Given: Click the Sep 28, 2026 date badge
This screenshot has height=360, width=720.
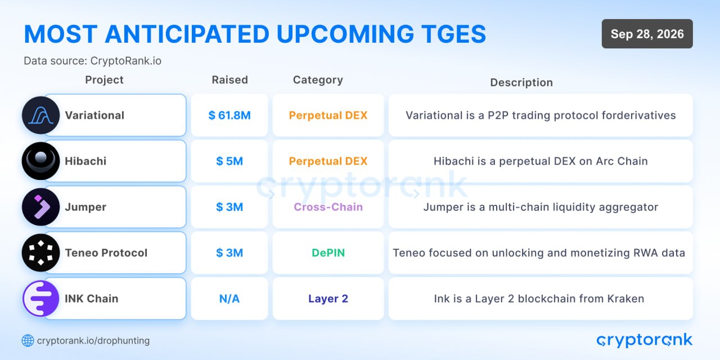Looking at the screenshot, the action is [x=647, y=34].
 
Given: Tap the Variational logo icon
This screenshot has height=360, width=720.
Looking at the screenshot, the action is [x=41, y=115].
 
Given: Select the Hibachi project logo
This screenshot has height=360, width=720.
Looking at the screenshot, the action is [x=41, y=161].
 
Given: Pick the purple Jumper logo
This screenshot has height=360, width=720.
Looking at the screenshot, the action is [x=41, y=207].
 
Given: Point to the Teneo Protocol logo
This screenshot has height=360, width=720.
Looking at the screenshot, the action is [x=41, y=253].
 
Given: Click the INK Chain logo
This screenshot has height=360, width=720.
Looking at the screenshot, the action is [x=41, y=299].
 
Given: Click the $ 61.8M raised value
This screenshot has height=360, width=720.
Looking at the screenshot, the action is [x=229, y=115].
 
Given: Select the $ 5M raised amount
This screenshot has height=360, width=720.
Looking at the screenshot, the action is [x=229, y=161].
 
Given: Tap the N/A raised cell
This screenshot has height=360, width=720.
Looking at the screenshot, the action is [x=229, y=299].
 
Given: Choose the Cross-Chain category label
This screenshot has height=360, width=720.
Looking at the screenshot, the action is [x=328, y=207].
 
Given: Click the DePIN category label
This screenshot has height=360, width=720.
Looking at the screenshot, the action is [x=328, y=253].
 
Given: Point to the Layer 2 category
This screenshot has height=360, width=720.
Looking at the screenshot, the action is [x=328, y=299].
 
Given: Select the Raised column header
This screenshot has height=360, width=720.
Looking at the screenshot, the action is [x=230, y=80].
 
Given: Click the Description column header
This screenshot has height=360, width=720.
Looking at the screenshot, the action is [x=521, y=83].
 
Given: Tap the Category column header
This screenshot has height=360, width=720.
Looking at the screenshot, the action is [x=318, y=80].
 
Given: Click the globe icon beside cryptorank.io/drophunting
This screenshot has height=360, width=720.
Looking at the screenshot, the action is [x=28, y=341].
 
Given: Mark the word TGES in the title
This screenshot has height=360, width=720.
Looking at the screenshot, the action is [x=454, y=34].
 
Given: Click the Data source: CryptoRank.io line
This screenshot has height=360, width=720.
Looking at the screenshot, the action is [x=93, y=61].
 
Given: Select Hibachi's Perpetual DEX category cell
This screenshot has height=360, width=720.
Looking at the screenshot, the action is [x=328, y=161].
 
